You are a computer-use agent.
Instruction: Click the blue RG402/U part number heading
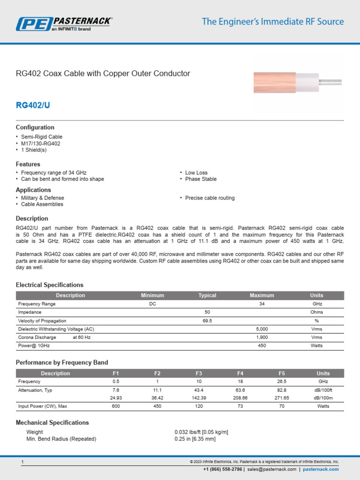[33, 105]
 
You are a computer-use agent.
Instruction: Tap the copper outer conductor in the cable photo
[274, 82]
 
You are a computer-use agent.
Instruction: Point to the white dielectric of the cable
[307, 82]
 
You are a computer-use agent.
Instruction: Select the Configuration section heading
[35, 127]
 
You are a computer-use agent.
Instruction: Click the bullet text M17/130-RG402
[41, 143]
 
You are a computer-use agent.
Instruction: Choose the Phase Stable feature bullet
[201, 179]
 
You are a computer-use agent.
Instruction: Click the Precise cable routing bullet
[210, 198]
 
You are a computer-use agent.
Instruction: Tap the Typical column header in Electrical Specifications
[207, 295]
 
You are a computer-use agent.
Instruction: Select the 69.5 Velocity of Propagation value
[207, 321]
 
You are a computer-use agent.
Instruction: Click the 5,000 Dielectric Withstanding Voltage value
[262, 329]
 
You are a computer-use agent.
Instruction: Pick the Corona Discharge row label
[37, 337]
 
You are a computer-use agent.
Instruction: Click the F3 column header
[199, 374]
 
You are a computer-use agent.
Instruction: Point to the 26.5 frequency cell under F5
[282, 382]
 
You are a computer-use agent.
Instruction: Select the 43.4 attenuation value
[199, 390]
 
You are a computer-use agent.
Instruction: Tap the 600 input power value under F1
[116, 406]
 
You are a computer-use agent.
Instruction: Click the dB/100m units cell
[323, 398]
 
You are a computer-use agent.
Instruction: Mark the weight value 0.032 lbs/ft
[201, 432]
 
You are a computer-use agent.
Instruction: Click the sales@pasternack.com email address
[272, 469]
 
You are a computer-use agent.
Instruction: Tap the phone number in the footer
[223, 469]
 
